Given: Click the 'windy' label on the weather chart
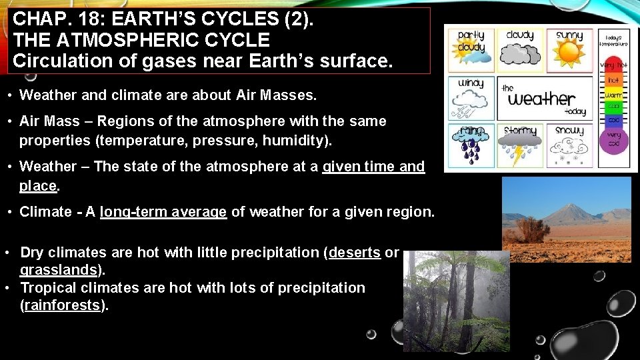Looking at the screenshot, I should click(x=471, y=84).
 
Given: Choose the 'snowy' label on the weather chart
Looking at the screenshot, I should click(x=569, y=131).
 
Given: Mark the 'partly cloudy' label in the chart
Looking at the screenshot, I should click(x=471, y=41).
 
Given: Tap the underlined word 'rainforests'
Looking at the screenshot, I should click(x=63, y=305).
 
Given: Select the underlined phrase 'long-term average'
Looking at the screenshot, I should click(x=163, y=212).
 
